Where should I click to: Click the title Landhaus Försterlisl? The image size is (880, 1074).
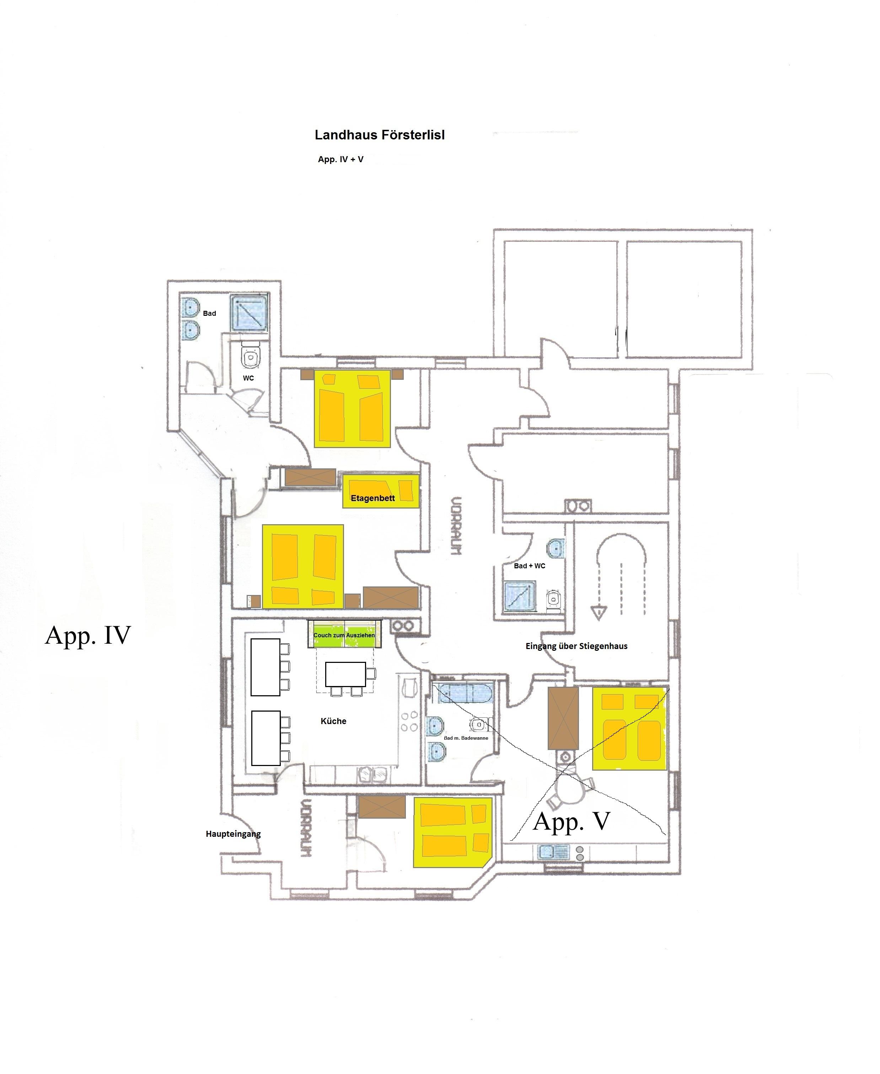[x=380, y=135]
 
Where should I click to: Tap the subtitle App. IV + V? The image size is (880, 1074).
[x=340, y=159]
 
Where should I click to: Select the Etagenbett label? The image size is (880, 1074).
[x=372, y=498]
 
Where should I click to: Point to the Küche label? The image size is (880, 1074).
[x=333, y=721]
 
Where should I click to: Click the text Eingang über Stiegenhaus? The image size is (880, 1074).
[x=576, y=646]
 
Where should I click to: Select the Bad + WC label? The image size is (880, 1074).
[x=529, y=566]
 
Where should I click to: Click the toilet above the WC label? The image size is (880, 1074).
[x=250, y=355]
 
